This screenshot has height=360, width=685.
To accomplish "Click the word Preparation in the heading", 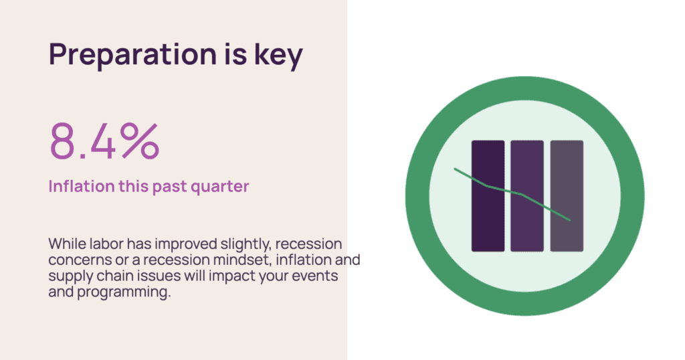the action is tap(133, 55).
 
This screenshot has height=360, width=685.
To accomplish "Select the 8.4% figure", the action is tap(104, 141).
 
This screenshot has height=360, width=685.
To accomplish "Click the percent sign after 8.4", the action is tap(140, 141).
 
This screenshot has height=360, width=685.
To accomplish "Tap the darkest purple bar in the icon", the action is tap(488, 196).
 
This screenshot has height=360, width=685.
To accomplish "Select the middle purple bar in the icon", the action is tap(527, 196).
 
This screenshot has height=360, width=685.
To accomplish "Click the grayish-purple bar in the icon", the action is tap(567, 196).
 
